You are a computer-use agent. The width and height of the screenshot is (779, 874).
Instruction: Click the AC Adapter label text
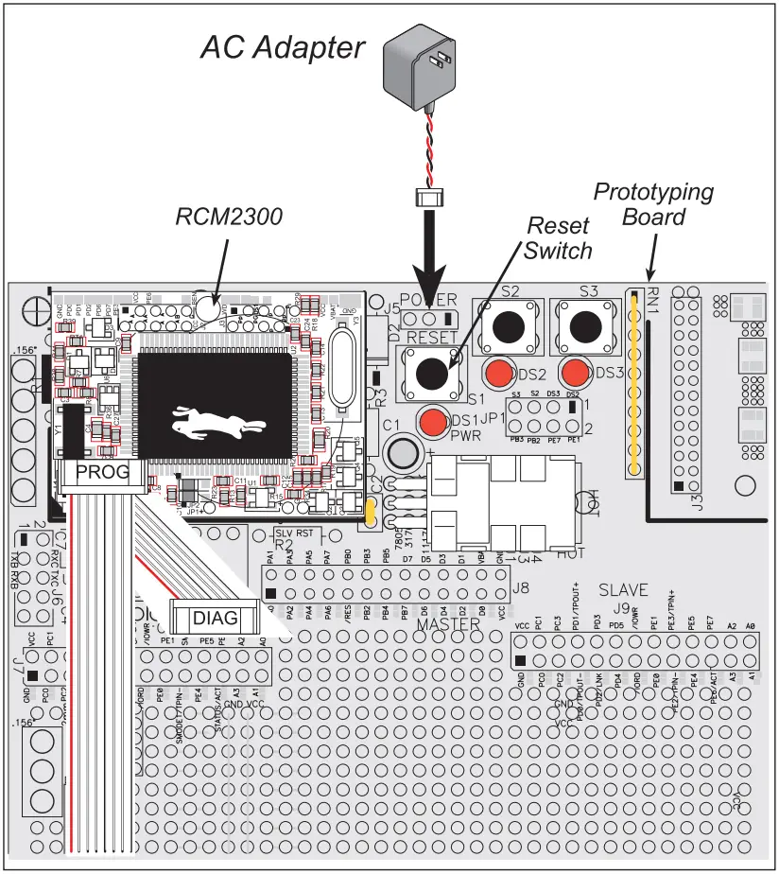coord(282,47)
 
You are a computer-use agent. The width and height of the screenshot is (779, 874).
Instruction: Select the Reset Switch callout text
coord(558,238)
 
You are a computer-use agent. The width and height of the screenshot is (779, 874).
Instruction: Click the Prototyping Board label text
coord(652,204)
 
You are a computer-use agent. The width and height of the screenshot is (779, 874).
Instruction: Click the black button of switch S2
coord(510,327)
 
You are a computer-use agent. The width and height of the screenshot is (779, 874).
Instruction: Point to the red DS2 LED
coord(499,372)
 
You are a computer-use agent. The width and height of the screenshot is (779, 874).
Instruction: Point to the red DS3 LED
coord(574,372)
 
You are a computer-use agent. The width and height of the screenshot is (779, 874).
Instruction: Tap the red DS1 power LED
coord(434,421)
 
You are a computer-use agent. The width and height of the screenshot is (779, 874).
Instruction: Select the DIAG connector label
coord(214,618)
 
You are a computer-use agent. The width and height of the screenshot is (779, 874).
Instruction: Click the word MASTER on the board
coord(449,625)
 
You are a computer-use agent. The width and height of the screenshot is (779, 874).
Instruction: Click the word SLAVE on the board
coord(623,590)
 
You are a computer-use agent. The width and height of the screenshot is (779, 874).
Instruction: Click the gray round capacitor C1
coord(406,450)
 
